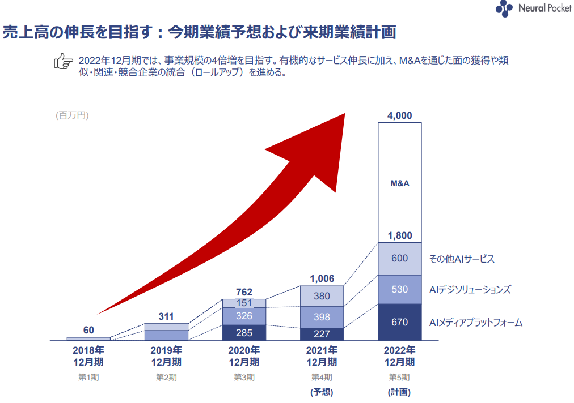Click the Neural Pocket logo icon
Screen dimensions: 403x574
tap(504, 8)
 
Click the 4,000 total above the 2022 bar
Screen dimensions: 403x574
tap(399, 115)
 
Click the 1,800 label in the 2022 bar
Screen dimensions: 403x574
tap(400, 235)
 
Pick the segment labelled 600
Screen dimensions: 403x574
tap(400, 259)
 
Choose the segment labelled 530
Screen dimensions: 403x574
tap(400, 289)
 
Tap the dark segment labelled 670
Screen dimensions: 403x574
tap(400, 322)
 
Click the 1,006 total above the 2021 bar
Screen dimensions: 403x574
tap(322, 278)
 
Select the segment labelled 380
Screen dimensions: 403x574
tap(322, 296)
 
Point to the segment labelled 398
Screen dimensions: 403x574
tap(322, 317)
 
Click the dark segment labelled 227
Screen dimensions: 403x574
tap(322, 333)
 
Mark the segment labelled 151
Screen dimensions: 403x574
tap(244, 303)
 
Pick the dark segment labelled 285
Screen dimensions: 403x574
tap(244, 332)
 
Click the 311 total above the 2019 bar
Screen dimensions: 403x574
tap(166, 316)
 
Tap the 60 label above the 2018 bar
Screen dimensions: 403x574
tap(88, 330)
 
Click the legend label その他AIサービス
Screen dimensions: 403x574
tap(462, 259)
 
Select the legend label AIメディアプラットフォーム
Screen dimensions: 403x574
tap(475, 323)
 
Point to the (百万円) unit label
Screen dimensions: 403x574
tap(72, 115)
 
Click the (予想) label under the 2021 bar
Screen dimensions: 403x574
tap(322, 391)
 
